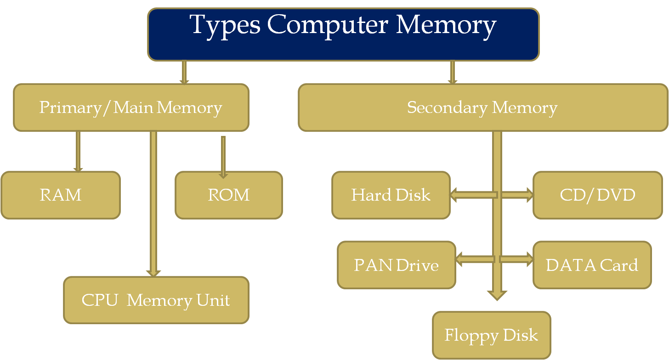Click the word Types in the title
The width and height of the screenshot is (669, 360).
coord(225,25)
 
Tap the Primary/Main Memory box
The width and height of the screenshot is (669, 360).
coord(131,107)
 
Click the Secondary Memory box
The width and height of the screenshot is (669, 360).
coord(482,107)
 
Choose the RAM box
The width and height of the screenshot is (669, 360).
coord(61,195)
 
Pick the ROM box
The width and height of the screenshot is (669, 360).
coord(229,195)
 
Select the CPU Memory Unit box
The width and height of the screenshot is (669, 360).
coord(156,300)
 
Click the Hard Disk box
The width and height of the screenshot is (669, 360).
coord(391,195)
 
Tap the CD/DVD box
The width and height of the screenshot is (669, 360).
coord(597,195)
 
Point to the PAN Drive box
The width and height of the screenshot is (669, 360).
coord(396,265)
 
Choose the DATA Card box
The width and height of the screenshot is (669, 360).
coord(592,265)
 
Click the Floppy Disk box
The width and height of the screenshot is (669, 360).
coord(491,335)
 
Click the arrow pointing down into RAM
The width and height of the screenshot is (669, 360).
coord(78,152)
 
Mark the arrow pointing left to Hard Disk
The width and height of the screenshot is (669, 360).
coord(473,195)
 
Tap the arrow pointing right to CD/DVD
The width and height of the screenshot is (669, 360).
coord(517,195)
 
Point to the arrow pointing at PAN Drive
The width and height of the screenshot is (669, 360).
coord(475,259)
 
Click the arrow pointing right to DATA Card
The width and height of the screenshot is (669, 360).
coord(516,259)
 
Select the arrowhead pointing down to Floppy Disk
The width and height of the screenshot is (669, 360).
coord(497,294)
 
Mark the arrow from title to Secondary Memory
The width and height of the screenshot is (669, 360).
coord(453,72)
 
